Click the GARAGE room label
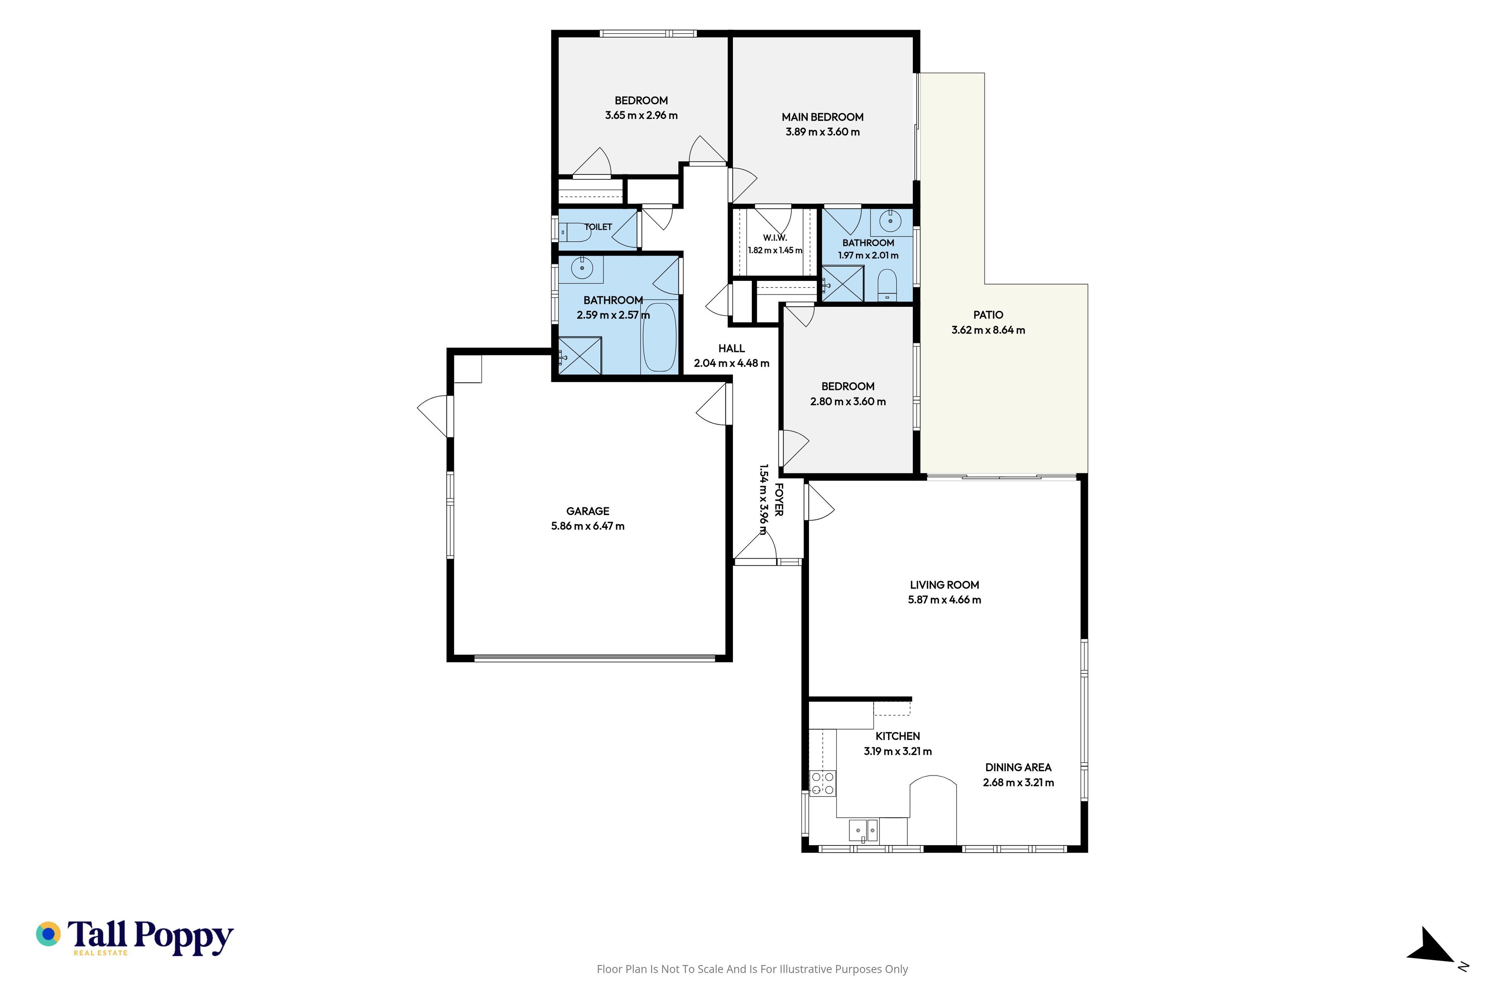(587, 511)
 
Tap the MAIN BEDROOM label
(822, 117)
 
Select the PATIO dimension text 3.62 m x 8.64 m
(988, 330)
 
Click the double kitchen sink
(863, 830)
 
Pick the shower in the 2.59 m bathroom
(580, 356)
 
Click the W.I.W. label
(775, 238)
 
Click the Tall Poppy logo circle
(49, 934)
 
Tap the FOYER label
(779, 500)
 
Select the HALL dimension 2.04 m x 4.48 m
(731, 363)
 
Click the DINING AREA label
(1018, 768)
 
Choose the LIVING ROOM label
(945, 585)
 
